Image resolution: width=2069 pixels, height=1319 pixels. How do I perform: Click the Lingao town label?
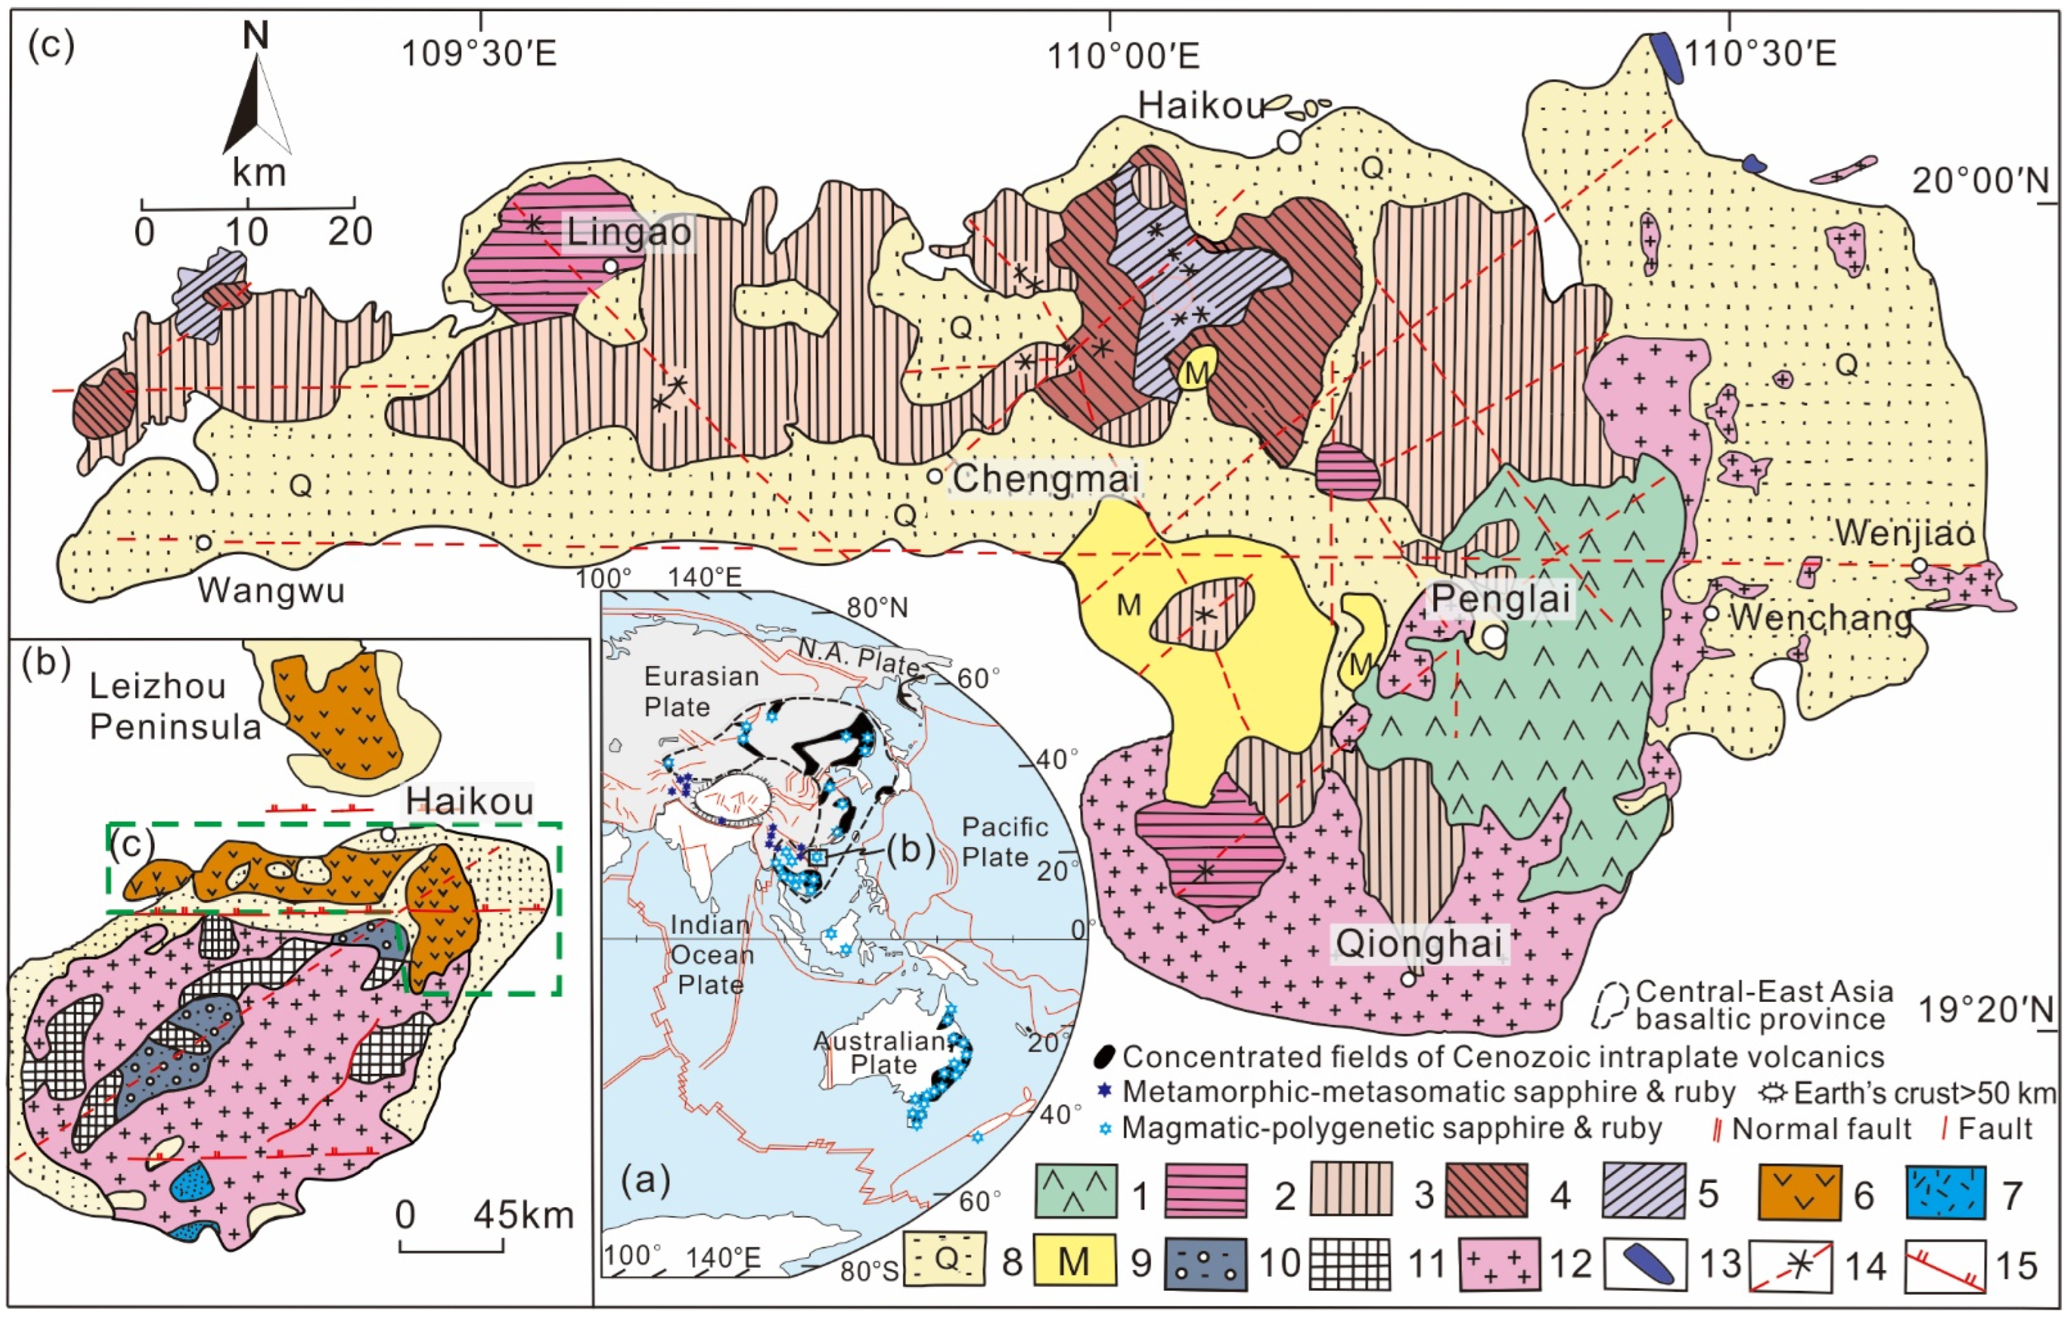629,232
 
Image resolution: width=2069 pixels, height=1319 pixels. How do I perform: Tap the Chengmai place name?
1045,479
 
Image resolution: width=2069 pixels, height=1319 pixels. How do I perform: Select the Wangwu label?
271,590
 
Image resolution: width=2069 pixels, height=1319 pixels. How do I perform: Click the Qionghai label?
1419,943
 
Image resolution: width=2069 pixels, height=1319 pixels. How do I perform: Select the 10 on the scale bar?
246,232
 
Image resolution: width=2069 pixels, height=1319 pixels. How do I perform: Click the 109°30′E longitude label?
479,53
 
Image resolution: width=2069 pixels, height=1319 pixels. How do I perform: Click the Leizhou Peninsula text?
175,707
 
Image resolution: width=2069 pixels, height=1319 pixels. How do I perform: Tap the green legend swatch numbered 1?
1076,1191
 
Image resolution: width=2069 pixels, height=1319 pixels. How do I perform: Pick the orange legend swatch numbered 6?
1799,1191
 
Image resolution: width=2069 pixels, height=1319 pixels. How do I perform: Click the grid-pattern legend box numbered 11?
1349,1263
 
